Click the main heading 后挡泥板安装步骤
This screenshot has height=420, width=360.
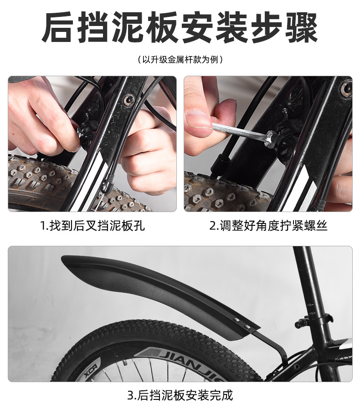(180, 27)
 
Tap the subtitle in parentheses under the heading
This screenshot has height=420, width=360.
(180, 59)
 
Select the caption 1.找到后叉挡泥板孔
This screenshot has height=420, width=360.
(93, 226)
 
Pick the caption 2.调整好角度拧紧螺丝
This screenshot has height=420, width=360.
(268, 226)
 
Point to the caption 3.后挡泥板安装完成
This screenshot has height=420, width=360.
(180, 395)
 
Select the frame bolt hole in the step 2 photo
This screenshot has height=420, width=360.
(346, 88)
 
